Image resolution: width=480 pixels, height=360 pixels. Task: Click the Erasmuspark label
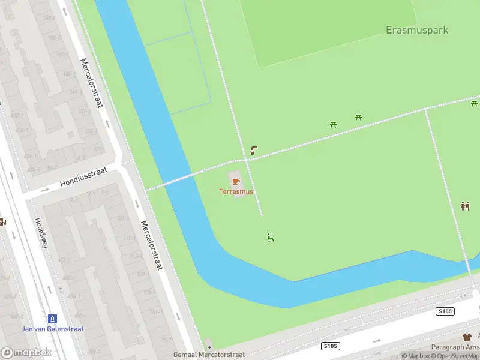point(417,30)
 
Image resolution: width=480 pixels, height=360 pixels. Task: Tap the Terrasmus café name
point(236,191)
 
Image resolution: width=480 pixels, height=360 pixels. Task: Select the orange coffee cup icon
point(236,181)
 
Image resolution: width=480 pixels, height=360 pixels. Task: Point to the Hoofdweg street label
point(43,234)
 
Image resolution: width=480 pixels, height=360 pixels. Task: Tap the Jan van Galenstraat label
point(53,329)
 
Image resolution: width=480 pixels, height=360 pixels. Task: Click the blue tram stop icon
point(53,318)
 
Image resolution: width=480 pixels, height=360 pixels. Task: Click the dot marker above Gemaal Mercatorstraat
point(208,346)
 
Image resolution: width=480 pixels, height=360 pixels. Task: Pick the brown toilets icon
point(465,206)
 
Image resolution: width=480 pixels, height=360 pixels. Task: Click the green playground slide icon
point(271,238)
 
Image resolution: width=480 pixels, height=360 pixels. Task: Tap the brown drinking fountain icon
point(254,150)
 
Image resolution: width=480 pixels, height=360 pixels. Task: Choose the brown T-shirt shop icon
point(467,338)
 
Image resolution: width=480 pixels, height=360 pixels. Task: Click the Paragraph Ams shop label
point(455,347)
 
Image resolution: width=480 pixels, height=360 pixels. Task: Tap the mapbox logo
point(26,353)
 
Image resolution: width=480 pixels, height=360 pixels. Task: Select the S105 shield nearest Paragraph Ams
point(445,311)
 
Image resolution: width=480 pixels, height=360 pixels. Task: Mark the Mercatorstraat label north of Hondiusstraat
point(92,83)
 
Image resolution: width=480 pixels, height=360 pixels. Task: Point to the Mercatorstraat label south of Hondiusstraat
point(152,245)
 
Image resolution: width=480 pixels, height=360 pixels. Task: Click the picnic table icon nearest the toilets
point(474,104)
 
